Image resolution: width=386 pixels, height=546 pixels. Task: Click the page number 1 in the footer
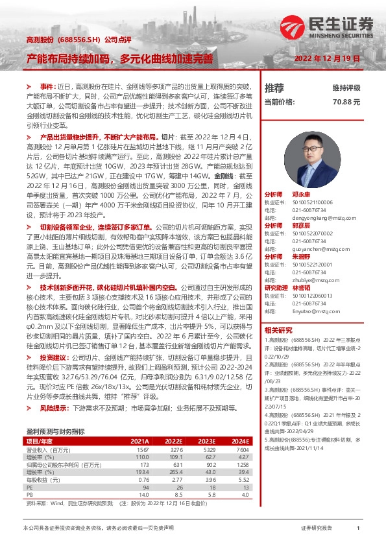pyautogui.click(x=358, y=529)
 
